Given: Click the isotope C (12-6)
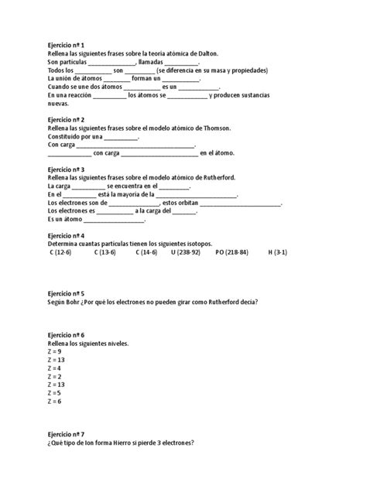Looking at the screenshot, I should (60, 252).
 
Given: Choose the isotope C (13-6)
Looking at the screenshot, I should (105, 252).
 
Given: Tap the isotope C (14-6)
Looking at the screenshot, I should (146, 252).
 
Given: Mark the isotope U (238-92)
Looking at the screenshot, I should (185, 252).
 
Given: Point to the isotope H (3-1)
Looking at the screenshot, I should (278, 252).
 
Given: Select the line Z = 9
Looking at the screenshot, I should (55, 351).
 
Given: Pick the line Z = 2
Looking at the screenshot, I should (55, 376).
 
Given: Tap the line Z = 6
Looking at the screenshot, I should (55, 402).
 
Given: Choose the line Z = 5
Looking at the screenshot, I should (55, 393).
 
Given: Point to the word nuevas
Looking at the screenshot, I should (59, 103).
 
